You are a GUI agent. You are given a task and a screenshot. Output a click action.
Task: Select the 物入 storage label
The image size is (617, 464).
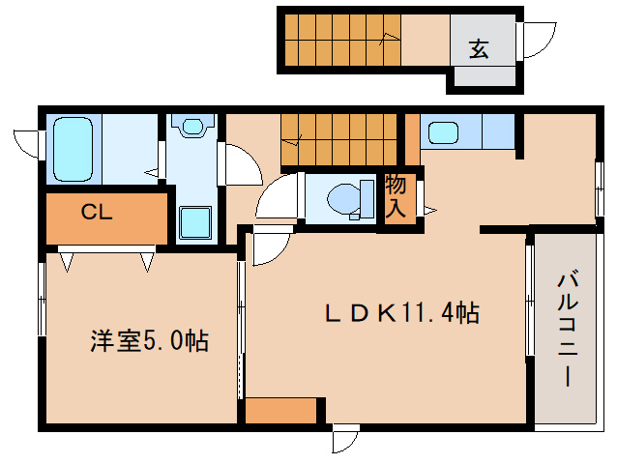(x=396, y=194)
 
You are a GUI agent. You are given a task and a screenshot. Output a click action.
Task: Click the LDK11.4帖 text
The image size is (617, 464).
(x=401, y=313)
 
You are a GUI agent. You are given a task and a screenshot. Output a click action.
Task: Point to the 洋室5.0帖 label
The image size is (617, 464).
(x=150, y=340)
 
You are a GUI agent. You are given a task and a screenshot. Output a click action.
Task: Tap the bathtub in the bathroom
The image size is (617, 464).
(x=73, y=150)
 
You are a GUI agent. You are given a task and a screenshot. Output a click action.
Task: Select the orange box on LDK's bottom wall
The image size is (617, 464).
(x=280, y=411)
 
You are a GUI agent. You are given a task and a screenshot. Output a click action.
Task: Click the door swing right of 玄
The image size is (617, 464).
(x=535, y=41)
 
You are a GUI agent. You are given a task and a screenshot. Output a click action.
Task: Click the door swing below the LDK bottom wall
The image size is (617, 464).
(x=343, y=440)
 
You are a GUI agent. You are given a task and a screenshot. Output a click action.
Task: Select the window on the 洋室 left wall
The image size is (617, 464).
(x=41, y=300)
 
